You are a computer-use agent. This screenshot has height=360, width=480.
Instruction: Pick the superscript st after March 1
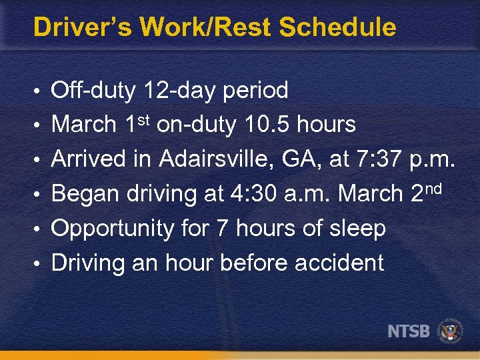click(x=145, y=119)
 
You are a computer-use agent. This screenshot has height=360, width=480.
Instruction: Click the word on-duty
click(x=194, y=125)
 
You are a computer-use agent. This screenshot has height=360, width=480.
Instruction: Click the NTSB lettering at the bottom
click(x=409, y=331)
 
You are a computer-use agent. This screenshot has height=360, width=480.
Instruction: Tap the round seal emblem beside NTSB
click(x=451, y=331)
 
